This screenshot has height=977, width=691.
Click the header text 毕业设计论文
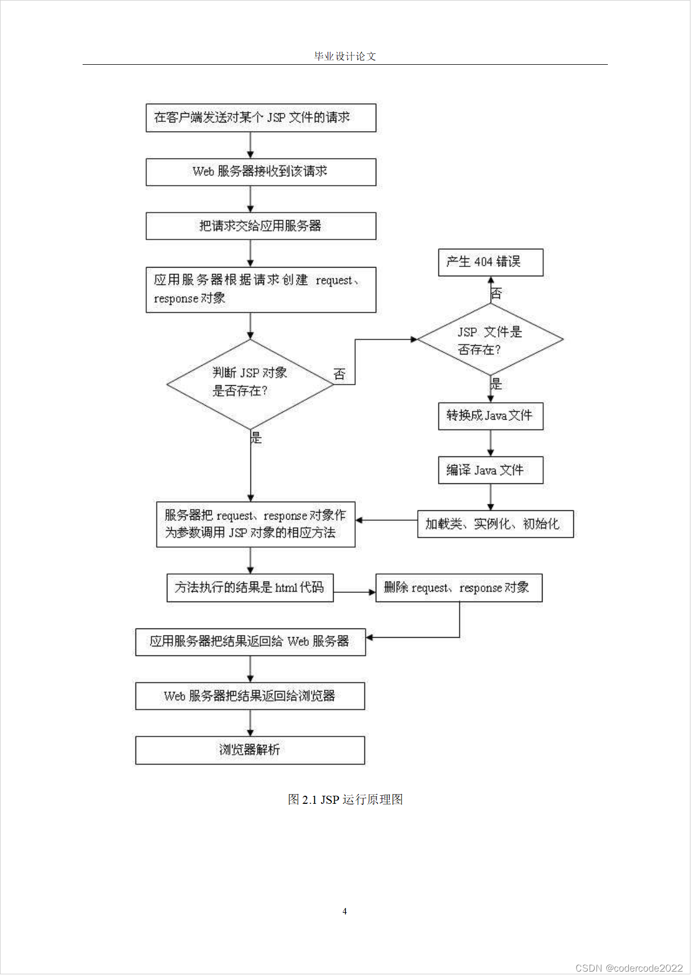pyautogui.click(x=345, y=56)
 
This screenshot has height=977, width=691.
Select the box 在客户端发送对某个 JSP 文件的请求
pyautogui.click(x=261, y=118)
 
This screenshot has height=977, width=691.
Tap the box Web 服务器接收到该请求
pyautogui.click(x=261, y=172)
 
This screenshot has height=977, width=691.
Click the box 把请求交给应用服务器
pyautogui.click(x=261, y=226)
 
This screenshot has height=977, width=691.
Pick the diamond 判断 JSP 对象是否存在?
pyautogui.click(x=250, y=384)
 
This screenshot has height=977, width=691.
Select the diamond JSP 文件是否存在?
pyautogui.click(x=490, y=339)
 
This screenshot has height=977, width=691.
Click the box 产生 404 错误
pyautogui.click(x=490, y=262)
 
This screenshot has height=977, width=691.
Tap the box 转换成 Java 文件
pyautogui.click(x=490, y=415)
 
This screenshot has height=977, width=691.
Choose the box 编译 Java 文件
pyautogui.click(x=490, y=470)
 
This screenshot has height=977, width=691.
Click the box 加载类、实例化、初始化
pyautogui.click(x=495, y=524)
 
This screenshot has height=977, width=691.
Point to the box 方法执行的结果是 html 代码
pyautogui.click(x=250, y=587)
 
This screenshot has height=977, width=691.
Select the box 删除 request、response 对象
pyautogui.click(x=458, y=587)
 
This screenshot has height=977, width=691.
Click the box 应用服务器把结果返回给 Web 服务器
pyautogui.click(x=250, y=641)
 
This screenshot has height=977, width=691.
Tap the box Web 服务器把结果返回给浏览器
pyautogui.click(x=250, y=696)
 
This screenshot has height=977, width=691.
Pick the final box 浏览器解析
pyautogui.click(x=250, y=750)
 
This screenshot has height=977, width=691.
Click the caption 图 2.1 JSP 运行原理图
pyautogui.click(x=345, y=799)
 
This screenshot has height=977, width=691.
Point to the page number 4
pyautogui.click(x=344, y=911)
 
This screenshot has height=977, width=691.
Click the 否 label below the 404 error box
pyautogui.click(x=497, y=293)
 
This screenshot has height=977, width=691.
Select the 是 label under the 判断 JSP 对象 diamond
pyautogui.click(x=256, y=438)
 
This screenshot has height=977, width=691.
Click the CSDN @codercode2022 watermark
pyautogui.click(x=629, y=968)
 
